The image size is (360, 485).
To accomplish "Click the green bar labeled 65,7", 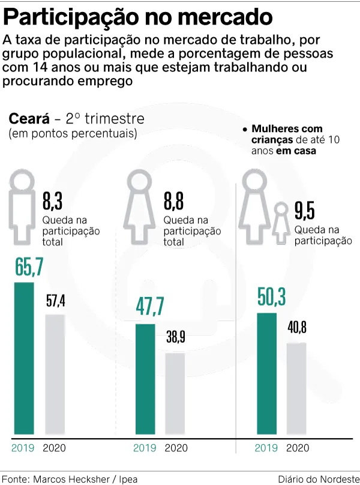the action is click(x=24, y=358).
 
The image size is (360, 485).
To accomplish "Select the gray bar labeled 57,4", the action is click(x=55, y=375).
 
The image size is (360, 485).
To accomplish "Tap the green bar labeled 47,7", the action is click(x=145, y=379).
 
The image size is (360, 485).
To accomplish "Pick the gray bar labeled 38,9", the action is click(x=175, y=394).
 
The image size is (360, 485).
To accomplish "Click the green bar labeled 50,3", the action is click(x=267, y=373).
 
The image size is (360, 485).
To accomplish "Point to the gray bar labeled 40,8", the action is click(x=296, y=389).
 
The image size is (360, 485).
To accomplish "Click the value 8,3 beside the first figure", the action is click(x=52, y=200).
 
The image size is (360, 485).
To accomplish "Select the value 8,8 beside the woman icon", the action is click(x=173, y=200).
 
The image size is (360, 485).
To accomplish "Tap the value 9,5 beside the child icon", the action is click(x=305, y=211).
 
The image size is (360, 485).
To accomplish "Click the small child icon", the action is click(x=281, y=223).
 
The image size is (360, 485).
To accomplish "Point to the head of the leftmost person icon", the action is click(x=22, y=179).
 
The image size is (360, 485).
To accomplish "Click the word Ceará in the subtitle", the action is click(x=29, y=118).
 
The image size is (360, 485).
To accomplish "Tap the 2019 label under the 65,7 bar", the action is click(x=23, y=448).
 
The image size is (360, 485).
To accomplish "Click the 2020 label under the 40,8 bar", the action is click(x=298, y=448).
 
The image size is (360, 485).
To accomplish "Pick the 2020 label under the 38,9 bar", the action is click(x=176, y=448).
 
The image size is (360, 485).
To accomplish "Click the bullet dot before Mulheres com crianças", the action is click(x=245, y=129).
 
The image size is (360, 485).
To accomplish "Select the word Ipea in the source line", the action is click(x=127, y=479).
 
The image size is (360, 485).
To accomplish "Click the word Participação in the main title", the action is click(x=71, y=17).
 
